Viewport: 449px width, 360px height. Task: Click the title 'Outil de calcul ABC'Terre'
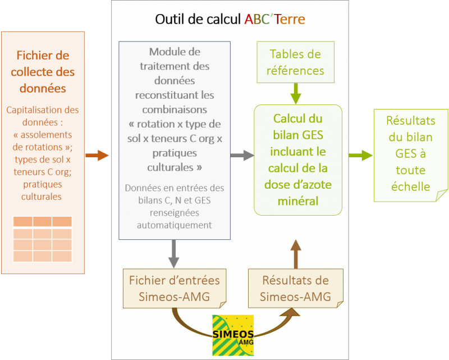(230, 20)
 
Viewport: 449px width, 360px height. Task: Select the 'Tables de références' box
(296, 62)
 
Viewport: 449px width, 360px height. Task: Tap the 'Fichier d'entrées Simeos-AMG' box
(175, 288)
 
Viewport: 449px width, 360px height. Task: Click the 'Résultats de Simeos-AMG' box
(296, 288)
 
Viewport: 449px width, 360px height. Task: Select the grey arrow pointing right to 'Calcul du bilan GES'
(242, 156)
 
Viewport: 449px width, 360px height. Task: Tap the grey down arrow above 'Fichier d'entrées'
(174, 254)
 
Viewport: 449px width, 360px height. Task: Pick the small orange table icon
(42, 239)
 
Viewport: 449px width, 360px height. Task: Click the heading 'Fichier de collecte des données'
(43, 72)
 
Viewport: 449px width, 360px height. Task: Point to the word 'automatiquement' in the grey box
(174, 225)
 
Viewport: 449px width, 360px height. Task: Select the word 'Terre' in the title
(290, 20)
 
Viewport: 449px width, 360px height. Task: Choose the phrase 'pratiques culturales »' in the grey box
(174, 160)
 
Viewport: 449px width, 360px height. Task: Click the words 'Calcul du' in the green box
(297, 119)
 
